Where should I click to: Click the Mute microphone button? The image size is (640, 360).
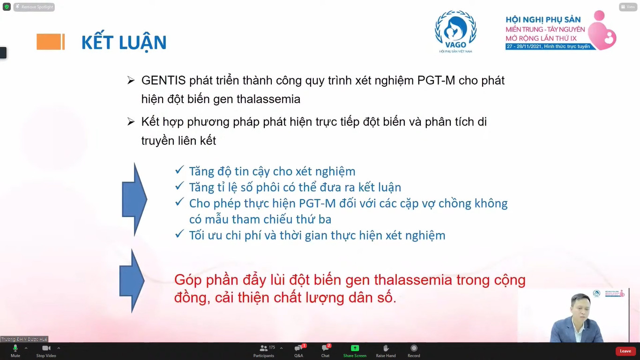[15, 351]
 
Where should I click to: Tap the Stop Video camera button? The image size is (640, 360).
[46, 351]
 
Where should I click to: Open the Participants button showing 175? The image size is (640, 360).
[264, 351]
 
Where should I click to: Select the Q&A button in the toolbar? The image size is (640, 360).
[299, 351]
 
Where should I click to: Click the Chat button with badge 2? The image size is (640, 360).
[326, 351]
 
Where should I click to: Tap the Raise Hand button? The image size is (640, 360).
[386, 351]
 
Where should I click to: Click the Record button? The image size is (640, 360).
[414, 351]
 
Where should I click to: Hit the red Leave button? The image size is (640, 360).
[625, 351]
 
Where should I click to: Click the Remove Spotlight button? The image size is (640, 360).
[34, 7]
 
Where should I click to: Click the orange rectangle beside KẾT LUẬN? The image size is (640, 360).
[51, 42]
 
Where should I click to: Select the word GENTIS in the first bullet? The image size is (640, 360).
[164, 81]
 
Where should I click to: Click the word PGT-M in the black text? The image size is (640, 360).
[436, 81]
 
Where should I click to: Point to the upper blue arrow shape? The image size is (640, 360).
[134, 199]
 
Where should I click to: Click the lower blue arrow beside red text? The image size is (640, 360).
[132, 281]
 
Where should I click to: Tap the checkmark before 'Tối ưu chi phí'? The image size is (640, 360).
[179, 234]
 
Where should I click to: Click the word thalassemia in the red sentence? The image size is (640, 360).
[413, 280]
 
